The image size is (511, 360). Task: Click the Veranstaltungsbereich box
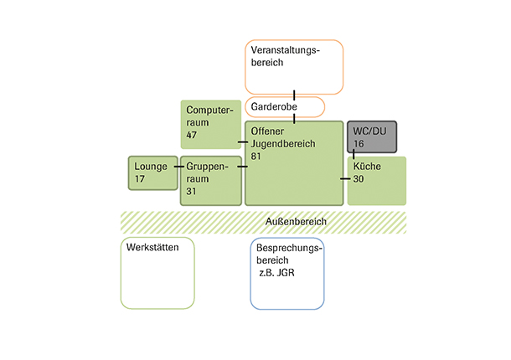point(294,66)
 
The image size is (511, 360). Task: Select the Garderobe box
point(284,106)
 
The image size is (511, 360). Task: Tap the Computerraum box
point(209,123)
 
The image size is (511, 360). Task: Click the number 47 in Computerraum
point(192,135)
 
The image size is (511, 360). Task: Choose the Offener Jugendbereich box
point(294,163)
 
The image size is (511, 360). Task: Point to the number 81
point(256,157)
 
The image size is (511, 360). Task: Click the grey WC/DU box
point(372,137)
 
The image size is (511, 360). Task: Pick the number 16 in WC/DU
point(359,145)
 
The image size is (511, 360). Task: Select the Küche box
point(376,181)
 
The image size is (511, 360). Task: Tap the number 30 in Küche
point(359,179)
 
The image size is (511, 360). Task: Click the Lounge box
point(152,172)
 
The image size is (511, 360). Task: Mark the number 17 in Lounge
point(140,178)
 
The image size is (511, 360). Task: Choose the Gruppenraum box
point(209,180)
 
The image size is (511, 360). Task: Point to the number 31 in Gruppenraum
point(193,191)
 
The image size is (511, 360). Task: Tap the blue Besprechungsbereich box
point(286,273)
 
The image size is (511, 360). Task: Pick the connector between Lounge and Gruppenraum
point(178,167)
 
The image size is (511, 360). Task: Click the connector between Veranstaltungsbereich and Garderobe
point(295,95)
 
